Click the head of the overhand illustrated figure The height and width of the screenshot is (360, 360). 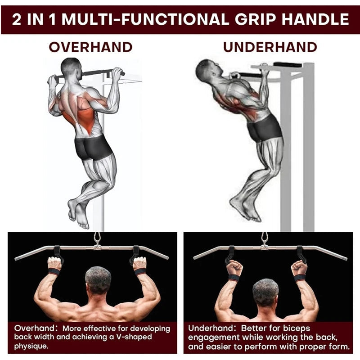(x=71, y=68)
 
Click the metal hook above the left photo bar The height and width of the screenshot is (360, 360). (x=97, y=238)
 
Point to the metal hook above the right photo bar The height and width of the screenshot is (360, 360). (x=264, y=238)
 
